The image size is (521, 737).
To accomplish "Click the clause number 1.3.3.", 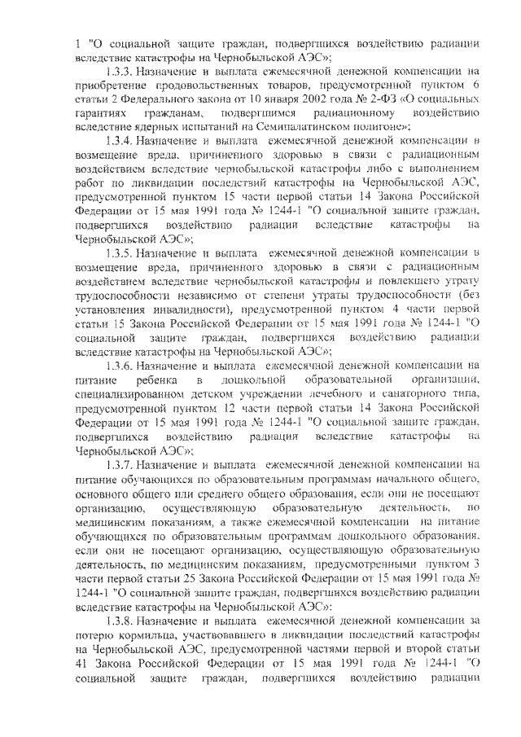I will (x=121, y=72).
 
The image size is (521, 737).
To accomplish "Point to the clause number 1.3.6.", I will (x=121, y=365).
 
